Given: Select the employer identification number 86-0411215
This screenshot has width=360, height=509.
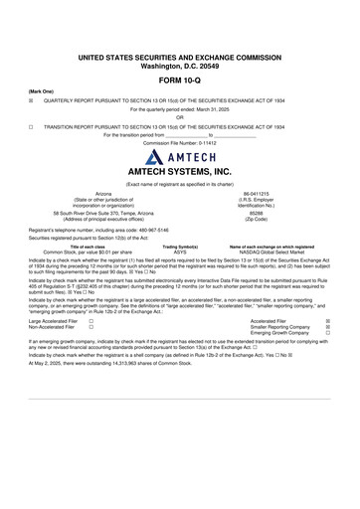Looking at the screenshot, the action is (x=258, y=194).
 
